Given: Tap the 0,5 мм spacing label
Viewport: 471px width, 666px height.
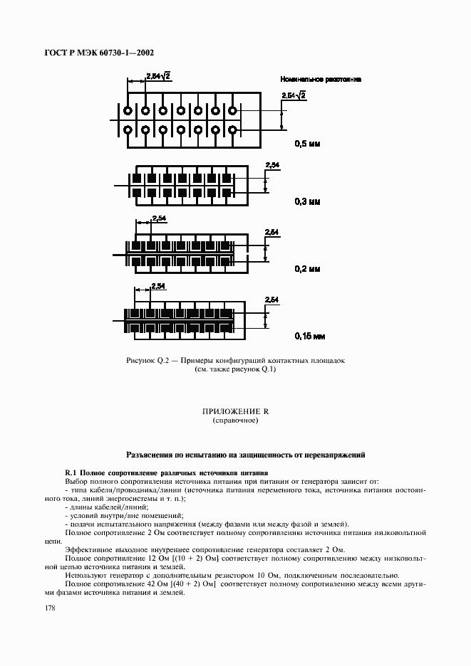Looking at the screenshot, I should click(x=308, y=144).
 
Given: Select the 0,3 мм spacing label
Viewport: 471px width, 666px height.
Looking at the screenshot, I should click(x=308, y=202).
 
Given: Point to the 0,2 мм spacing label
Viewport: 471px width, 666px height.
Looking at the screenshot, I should click(x=308, y=269).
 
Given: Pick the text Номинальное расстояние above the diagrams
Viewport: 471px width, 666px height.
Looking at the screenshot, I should click(x=321, y=80).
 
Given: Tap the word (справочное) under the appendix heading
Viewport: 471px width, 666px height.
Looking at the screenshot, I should click(x=235, y=421).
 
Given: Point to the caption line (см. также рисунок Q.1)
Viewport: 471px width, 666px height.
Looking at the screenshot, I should click(x=235, y=369).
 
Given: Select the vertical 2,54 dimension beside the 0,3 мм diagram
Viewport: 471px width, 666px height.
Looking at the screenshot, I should click(x=272, y=166).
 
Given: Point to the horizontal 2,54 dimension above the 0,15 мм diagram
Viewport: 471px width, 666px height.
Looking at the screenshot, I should click(x=157, y=286).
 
